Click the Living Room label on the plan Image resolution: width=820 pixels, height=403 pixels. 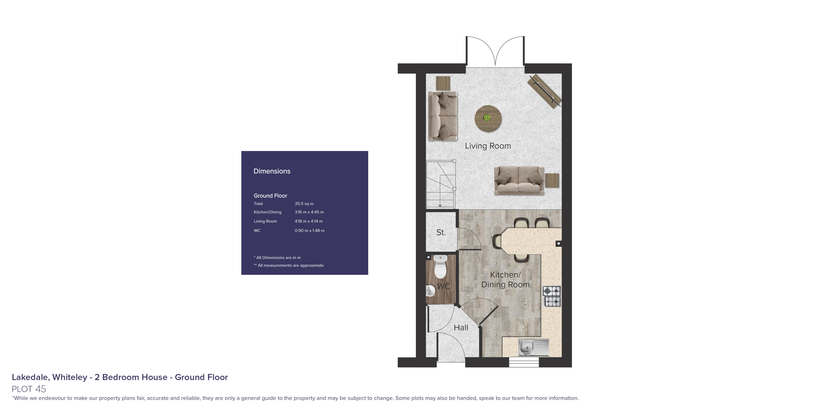[488, 146]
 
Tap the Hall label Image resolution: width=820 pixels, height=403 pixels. [461, 327]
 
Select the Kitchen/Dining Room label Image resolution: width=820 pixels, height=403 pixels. [505, 279]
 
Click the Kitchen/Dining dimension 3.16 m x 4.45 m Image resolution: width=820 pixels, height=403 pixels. [309, 212]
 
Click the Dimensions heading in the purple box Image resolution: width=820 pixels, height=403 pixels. [272, 171]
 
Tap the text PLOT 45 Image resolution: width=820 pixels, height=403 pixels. [29, 389]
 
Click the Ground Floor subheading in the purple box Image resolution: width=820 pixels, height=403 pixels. [270, 196]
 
